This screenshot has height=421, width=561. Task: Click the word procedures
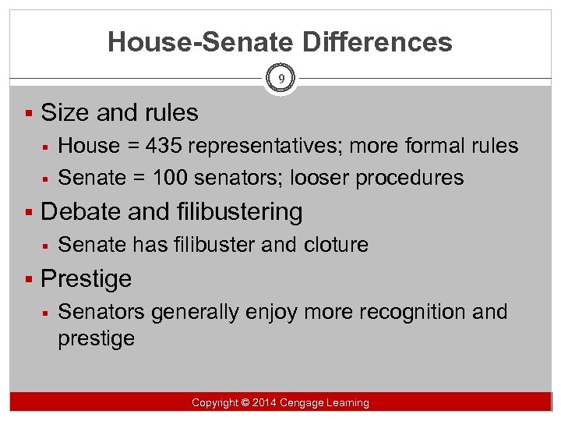coord(409,179)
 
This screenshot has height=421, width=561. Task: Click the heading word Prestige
coord(86,278)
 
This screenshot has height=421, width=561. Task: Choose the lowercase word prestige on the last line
coord(96,338)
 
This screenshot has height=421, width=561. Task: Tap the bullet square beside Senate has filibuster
coord(48,245)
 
